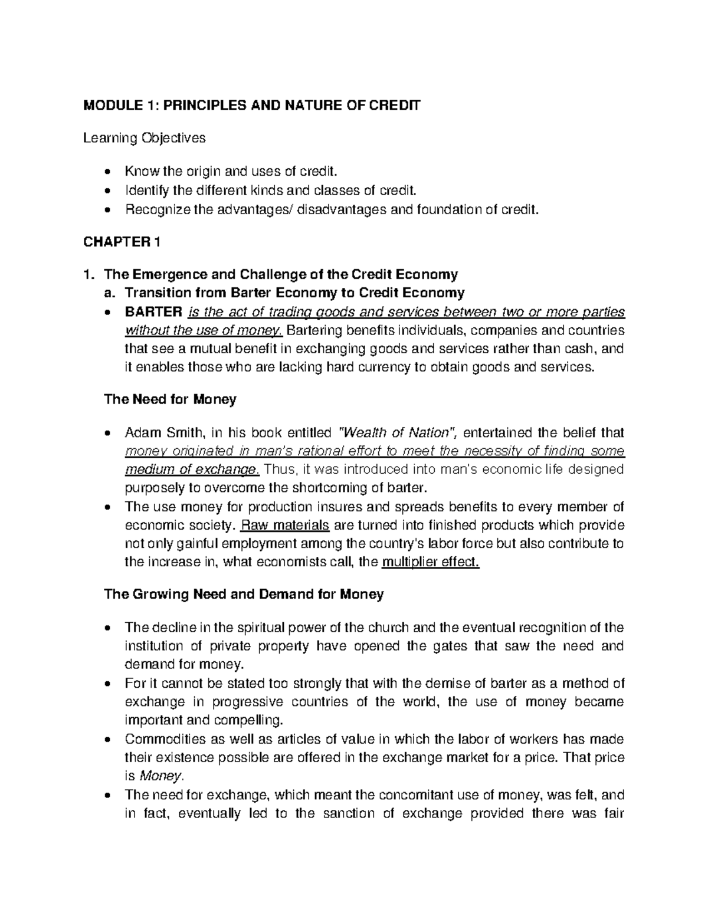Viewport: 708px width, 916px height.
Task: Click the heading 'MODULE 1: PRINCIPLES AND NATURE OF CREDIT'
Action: [253, 106]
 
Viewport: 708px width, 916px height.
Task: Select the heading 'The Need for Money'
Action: [170, 399]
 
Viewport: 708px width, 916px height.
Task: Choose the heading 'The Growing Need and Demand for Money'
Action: [244, 594]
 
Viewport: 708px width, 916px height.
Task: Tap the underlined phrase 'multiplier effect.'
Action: [431, 562]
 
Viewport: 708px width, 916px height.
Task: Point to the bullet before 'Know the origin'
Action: [106, 172]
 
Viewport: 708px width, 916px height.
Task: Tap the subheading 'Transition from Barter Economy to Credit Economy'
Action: [284, 293]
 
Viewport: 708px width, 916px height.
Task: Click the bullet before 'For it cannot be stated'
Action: [106, 684]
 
